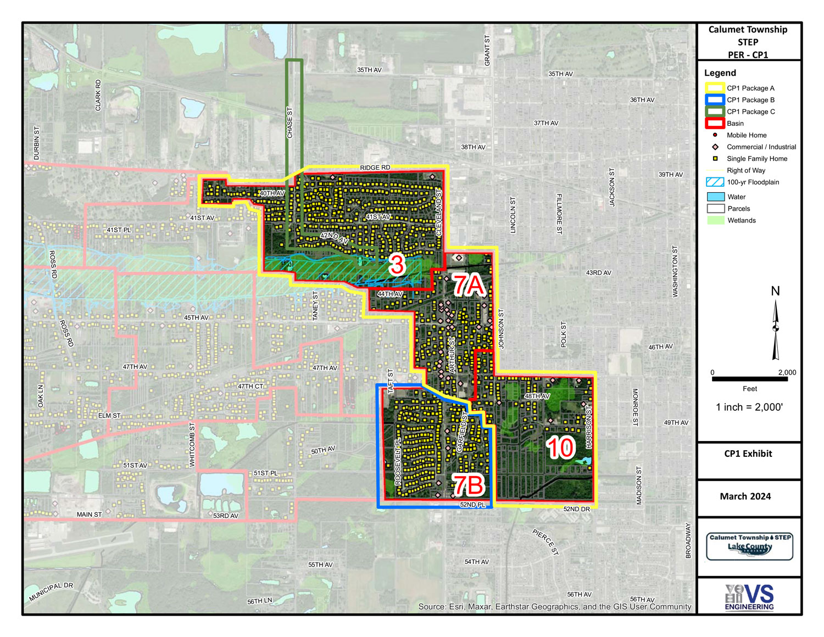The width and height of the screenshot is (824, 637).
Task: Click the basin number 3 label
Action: tap(397, 265)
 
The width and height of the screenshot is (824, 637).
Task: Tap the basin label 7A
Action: tap(468, 286)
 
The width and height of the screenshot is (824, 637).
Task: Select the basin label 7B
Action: tap(467, 485)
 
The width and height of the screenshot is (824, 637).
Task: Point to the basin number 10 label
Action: tap(560, 448)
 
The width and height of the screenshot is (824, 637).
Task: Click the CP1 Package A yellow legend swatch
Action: tap(715, 88)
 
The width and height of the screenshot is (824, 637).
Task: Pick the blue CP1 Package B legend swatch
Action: tap(715, 100)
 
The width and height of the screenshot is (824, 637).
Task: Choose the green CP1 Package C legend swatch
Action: tap(715, 111)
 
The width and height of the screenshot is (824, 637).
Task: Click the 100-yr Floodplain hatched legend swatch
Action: tap(715, 182)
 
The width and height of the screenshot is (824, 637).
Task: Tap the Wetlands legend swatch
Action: tap(715, 220)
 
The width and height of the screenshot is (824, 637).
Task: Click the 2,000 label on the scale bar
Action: tap(787, 372)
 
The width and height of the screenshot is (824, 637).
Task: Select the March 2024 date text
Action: tap(745, 496)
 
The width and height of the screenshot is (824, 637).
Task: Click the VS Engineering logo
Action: tap(749, 597)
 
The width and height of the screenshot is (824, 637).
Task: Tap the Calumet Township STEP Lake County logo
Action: tap(750, 546)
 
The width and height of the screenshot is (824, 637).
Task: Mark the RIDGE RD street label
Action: tap(375, 167)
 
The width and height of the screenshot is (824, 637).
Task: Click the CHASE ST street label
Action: tap(290, 122)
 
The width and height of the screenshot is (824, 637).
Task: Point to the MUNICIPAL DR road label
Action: tap(51, 592)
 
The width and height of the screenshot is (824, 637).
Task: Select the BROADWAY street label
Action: tap(688, 540)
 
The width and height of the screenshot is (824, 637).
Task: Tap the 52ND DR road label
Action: tap(576, 509)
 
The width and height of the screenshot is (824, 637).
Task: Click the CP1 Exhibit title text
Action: tap(748, 454)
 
